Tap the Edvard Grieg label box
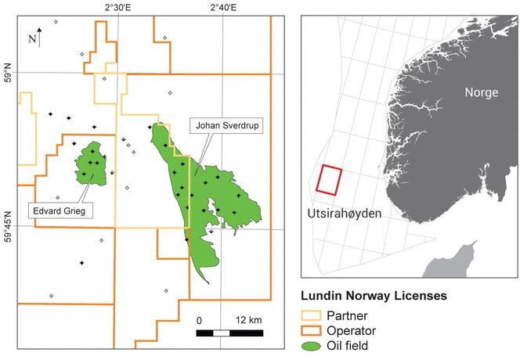[x=60, y=210]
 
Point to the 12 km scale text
[x=249, y=321]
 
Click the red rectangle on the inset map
[x=329, y=179]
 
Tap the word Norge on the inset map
[x=481, y=92]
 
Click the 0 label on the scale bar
[x=199, y=321]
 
